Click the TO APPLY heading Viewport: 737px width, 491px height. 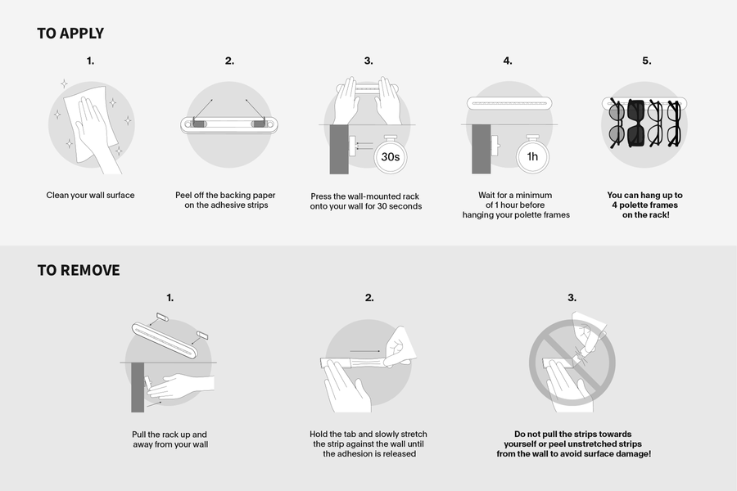click(70, 34)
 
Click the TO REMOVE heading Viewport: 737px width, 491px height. click(79, 270)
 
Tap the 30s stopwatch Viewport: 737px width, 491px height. click(390, 155)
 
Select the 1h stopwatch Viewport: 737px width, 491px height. click(532, 155)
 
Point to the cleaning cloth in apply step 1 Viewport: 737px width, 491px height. click(92, 122)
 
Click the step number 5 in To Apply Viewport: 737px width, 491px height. click(647, 61)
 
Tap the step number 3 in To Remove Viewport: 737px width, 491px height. click(572, 297)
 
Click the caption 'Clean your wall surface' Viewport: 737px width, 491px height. click(90, 195)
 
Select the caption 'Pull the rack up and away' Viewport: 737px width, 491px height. click(170, 439)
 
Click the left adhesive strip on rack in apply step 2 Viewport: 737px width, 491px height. click(198, 124)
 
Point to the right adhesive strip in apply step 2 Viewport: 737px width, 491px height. click(259, 124)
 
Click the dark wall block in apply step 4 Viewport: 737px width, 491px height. click(481, 150)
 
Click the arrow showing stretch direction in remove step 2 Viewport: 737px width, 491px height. click(365, 351)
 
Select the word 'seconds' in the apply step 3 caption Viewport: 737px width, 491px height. click(406, 206)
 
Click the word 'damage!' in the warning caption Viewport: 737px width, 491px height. click(634, 454)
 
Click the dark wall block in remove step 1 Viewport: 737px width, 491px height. click(138, 388)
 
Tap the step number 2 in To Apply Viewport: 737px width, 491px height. click(229, 61)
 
